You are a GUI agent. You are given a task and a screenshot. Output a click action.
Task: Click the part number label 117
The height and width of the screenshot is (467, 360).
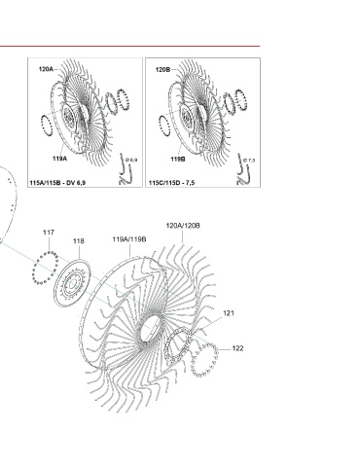click(49, 233)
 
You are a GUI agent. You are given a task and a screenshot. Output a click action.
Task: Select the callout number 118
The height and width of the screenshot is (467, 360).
click(79, 241)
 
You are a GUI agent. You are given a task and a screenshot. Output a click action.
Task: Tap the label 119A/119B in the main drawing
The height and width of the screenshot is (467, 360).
click(129, 239)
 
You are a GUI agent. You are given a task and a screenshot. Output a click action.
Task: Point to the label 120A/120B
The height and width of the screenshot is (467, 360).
click(183, 226)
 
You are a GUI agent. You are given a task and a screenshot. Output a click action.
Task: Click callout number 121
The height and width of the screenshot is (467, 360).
click(229, 313)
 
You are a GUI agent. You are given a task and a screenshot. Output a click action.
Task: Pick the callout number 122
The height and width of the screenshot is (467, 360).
click(237, 348)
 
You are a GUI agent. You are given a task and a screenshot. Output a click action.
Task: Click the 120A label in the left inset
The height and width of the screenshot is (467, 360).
click(46, 69)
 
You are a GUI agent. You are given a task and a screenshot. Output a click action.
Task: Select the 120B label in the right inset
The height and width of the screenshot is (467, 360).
click(162, 69)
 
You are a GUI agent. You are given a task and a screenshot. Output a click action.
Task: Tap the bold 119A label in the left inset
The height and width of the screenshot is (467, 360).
click(60, 159)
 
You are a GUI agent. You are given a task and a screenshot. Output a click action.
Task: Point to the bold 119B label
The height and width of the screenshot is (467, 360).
click(178, 160)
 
